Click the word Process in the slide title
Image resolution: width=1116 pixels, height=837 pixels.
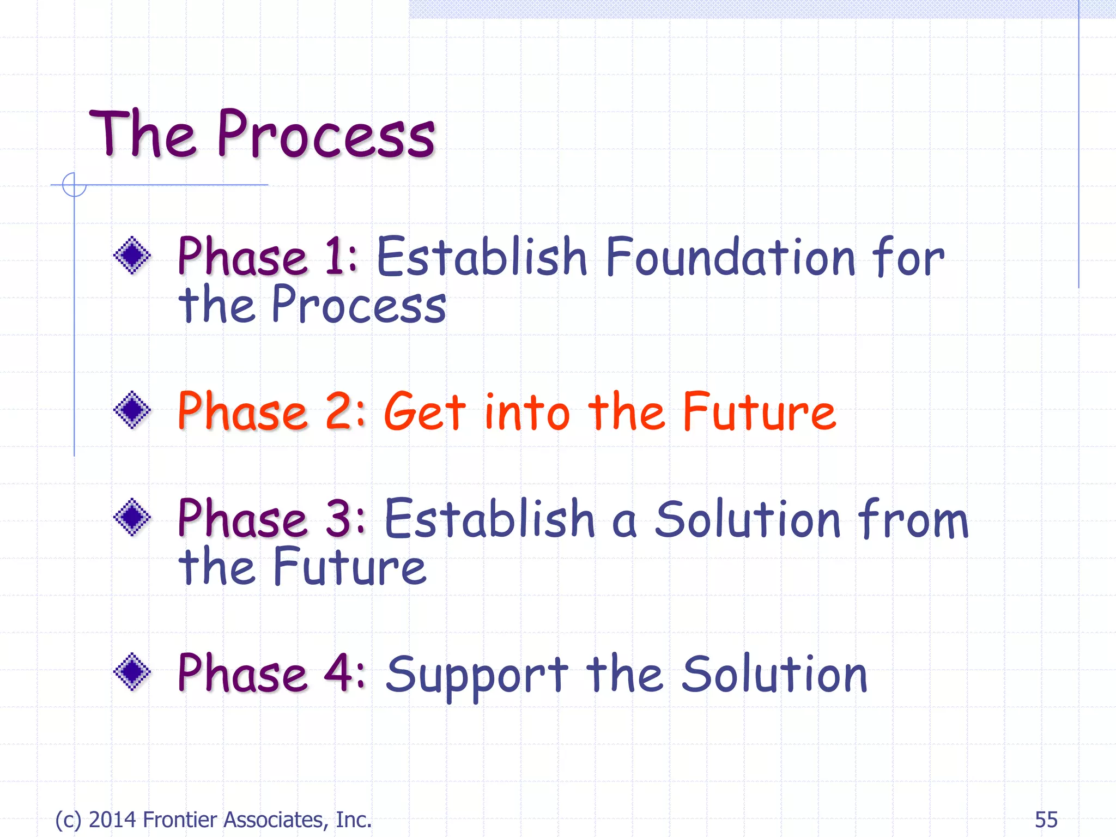326,135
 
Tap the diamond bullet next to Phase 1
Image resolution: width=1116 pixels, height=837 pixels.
132,255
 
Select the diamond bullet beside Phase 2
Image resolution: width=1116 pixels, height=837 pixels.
132,410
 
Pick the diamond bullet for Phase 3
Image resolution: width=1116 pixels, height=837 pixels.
132,517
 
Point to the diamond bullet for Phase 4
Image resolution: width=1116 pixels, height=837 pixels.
132,671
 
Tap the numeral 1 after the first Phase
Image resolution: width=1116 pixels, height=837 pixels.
333,256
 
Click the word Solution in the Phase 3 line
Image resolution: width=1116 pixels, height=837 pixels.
748,519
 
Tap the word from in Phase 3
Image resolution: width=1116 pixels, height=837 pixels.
913,519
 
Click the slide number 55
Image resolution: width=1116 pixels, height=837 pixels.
1046,820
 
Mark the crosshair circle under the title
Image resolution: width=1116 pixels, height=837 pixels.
74,185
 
